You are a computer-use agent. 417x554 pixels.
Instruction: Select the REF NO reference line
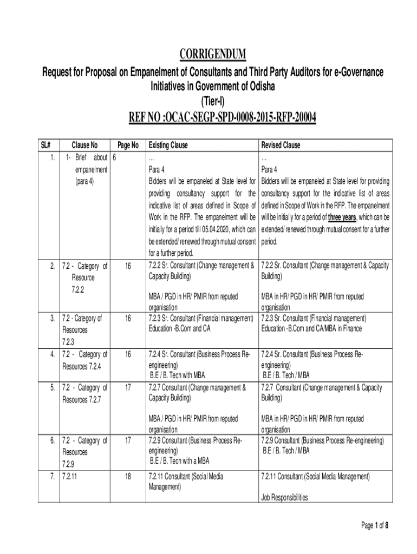point(222,117)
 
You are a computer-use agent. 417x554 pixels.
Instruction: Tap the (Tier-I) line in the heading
point(208,101)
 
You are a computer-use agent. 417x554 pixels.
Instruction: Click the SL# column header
point(46,146)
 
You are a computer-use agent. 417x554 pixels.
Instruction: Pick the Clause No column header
point(84,146)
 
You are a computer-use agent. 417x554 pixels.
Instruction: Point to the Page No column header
point(128,146)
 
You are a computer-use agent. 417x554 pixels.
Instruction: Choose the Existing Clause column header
point(167,146)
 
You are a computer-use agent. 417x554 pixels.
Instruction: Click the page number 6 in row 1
point(114,158)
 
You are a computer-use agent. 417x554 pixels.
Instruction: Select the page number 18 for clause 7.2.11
point(128,477)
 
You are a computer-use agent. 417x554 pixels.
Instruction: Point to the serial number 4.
point(51,355)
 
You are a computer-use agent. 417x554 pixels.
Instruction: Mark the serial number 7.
point(51,477)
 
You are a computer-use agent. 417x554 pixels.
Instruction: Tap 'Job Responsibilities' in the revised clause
point(284,497)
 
